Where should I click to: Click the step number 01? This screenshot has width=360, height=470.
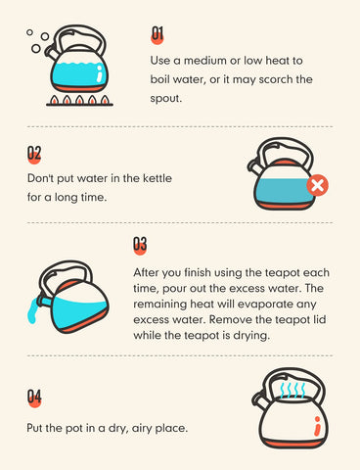157,35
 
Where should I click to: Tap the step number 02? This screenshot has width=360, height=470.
34,155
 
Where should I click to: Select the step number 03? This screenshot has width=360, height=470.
140,246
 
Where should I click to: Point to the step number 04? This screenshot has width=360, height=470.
34,398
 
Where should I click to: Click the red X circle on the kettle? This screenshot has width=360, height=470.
317,185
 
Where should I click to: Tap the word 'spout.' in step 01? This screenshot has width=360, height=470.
165,99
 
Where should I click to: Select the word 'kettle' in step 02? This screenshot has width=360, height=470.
157,178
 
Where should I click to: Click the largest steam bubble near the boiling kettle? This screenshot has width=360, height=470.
36,49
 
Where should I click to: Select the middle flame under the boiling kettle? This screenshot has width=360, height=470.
79,100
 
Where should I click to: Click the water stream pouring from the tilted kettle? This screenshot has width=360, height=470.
33,310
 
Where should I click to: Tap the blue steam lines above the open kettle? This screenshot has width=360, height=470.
292,389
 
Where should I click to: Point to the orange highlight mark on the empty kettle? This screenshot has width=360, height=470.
317,426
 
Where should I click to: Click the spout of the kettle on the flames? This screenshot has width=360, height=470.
52,51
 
